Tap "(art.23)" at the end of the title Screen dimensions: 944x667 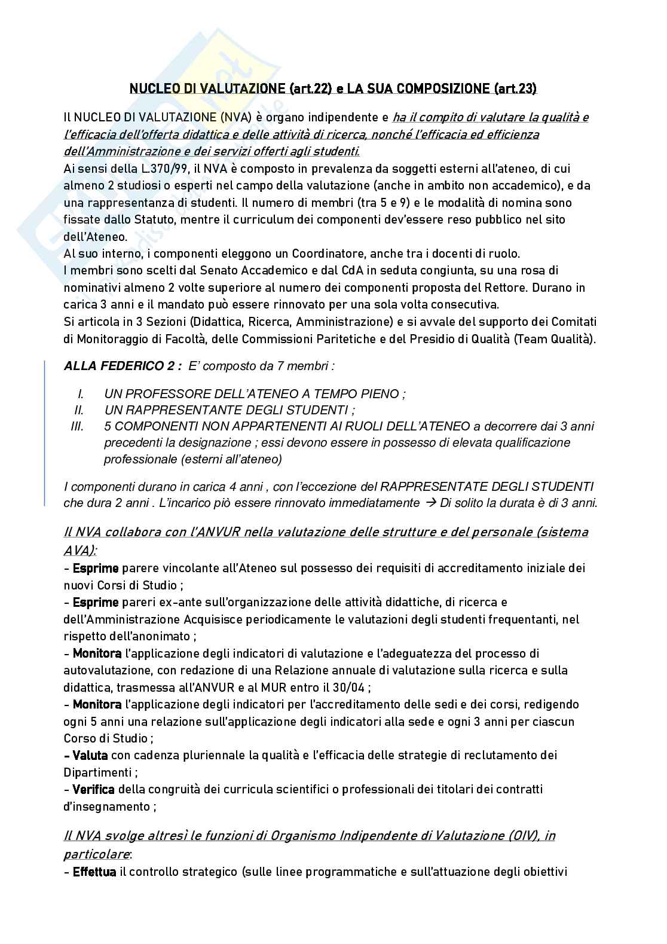(516, 89)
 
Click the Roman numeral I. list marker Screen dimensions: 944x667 (81, 393)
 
